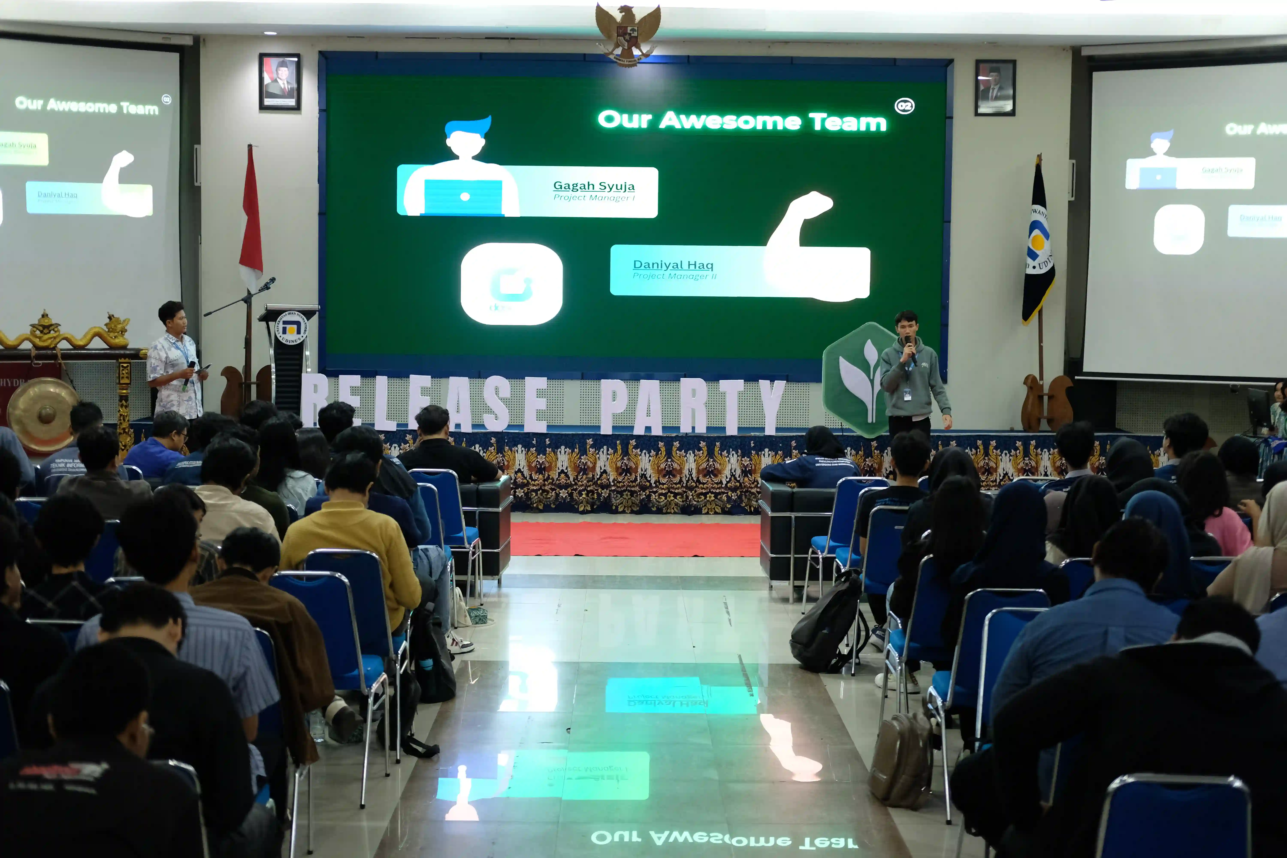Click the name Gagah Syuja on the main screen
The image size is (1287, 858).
(x=594, y=186)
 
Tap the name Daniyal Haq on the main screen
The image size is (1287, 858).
(x=673, y=265)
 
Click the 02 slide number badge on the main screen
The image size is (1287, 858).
(x=904, y=106)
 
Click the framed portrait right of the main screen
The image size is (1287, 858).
(x=995, y=88)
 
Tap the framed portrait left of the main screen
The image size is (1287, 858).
(x=280, y=82)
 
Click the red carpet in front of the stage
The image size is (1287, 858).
(x=635, y=539)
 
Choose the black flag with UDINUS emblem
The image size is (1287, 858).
(x=1038, y=246)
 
